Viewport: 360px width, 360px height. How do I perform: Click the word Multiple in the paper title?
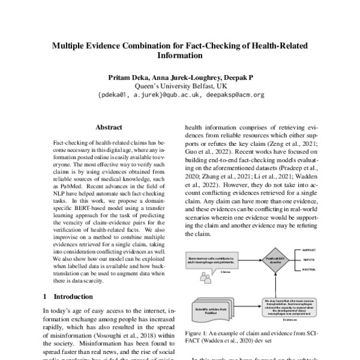coord(70,44)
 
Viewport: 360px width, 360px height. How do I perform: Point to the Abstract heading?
coord(109,127)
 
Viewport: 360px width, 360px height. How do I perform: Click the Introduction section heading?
coord(73,296)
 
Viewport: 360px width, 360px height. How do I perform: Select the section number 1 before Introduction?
coord(46,296)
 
